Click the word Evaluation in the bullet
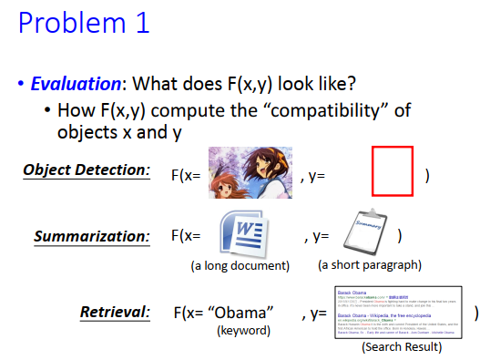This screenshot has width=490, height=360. click(x=76, y=84)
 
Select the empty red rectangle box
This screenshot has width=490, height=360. click(x=393, y=171)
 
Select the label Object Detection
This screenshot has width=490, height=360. click(x=87, y=170)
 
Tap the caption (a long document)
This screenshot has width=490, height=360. click(x=239, y=266)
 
